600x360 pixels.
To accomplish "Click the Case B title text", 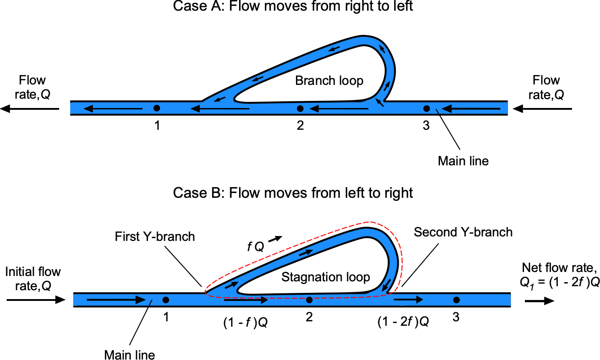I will [293, 193].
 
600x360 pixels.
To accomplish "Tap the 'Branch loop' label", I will [329, 81].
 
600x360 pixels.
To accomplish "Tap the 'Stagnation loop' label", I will [326, 278].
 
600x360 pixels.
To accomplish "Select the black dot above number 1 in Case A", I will [156, 108].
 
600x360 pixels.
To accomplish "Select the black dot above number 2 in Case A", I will [300, 108].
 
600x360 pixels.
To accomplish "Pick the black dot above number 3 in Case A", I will [426, 108].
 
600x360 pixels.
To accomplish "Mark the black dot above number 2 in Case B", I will [309, 300].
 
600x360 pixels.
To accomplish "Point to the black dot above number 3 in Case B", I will [456, 300].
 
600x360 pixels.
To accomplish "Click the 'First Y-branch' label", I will [155, 236].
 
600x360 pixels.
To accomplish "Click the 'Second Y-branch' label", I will [463, 232].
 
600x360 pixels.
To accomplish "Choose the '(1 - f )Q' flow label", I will [245, 323].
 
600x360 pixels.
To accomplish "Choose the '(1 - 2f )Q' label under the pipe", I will [403, 323].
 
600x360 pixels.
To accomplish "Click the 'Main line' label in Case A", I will [463, 161].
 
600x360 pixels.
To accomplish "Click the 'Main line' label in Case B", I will [130, 354].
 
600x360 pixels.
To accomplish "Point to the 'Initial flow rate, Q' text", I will [33, 279].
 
